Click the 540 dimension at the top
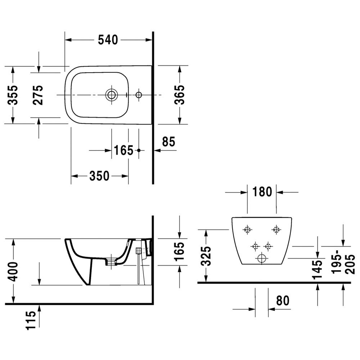(108, 40)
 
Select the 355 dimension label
(13, 95)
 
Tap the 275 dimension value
(38, 95)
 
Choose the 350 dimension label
(99, 176)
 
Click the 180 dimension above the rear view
(262, 192)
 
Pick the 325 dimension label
(206, 256)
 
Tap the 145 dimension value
(318, 269)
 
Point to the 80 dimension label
(283, 300)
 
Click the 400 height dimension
(13, 271)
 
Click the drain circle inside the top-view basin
(111, 95)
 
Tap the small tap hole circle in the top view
(139, 95)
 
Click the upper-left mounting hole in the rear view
(247, 229)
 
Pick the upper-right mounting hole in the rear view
(276, 229)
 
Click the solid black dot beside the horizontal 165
(139, 150)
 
